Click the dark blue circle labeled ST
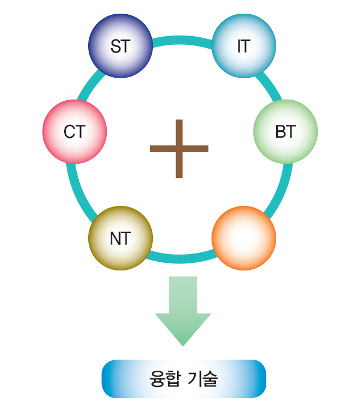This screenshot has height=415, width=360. click(121, 46)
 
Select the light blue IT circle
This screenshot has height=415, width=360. click(243, 46)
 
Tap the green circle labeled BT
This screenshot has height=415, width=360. click(285, 131)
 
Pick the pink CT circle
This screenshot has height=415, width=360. click(75, 131)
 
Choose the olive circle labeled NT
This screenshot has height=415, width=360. click(121, 238)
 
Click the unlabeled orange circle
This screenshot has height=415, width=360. click(243, 238)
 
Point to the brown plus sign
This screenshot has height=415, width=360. click(179, 148)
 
